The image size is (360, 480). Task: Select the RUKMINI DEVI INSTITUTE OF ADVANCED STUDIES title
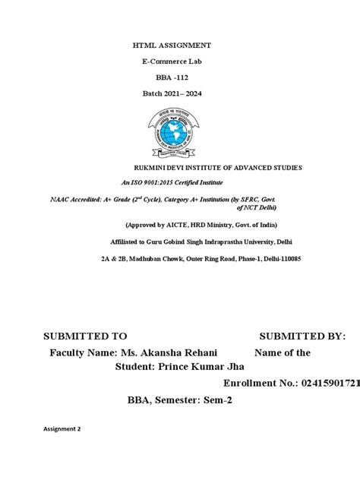(217, 166)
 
